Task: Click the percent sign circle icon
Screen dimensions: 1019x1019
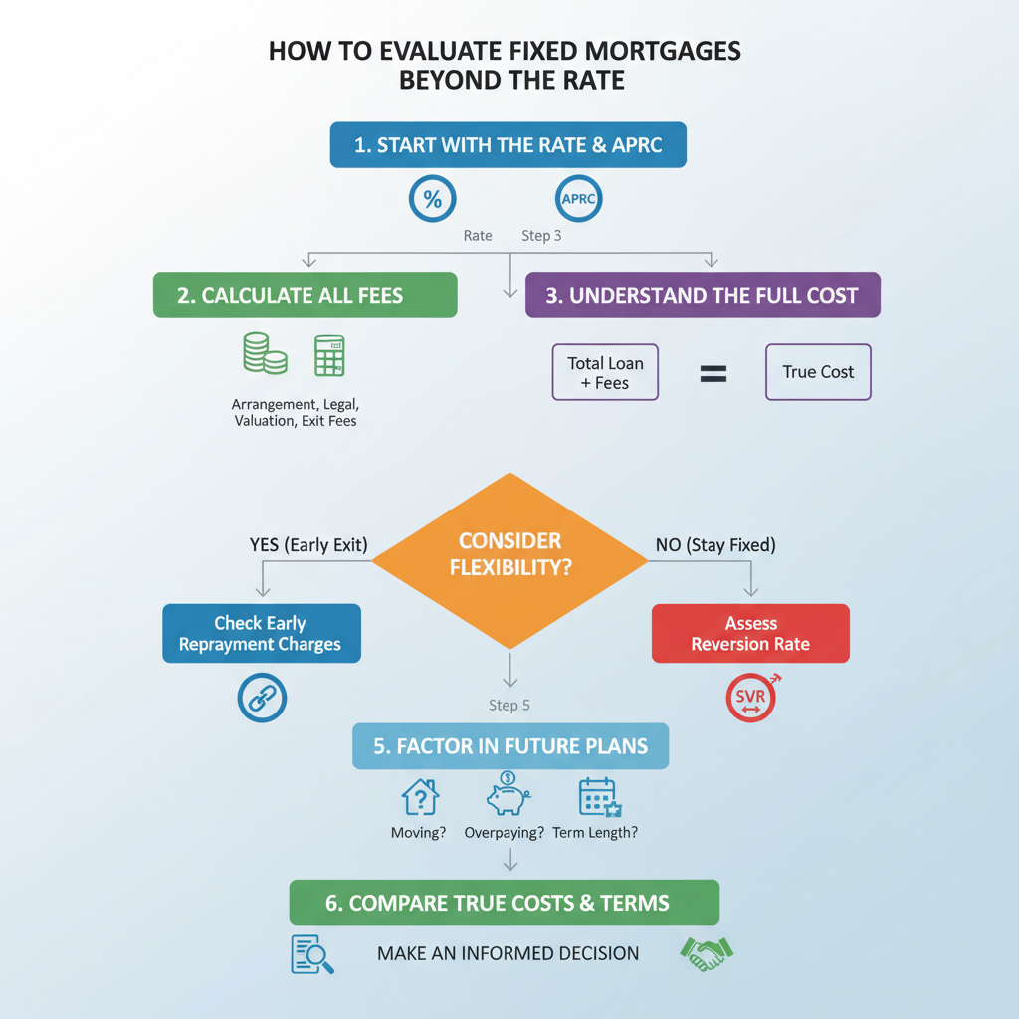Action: (x=432, y=199)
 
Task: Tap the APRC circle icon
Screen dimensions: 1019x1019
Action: (x=578, y=199)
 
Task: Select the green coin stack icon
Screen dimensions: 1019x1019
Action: (x=265, y=353)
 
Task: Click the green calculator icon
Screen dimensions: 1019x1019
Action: (x=329, y=356)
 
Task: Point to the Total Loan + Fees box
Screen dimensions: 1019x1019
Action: (x=605, y=372)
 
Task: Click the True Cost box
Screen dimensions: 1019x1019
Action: (x=818, y=372)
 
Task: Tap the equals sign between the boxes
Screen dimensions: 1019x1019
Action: (x=713, y=374)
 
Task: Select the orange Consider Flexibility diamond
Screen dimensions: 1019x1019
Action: (x=510, y=560)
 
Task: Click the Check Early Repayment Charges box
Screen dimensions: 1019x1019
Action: (x=262, y=634)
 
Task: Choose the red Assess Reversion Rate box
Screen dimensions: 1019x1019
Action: (x=750, y=634)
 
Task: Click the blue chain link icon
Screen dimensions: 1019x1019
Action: (x=262, y=698)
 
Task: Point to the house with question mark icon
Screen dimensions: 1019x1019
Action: (x=421, y=797)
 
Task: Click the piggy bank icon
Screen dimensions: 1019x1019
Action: (x=509, y=793)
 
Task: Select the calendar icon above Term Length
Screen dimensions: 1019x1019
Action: (x=600, y=797)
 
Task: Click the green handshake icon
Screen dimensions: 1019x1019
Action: (x=707, y=954)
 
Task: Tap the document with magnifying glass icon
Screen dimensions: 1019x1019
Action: (x=311, y=954)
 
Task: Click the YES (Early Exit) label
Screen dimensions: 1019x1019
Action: (x=308, y=544)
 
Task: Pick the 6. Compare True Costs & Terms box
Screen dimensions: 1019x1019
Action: (x=505, y=903)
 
